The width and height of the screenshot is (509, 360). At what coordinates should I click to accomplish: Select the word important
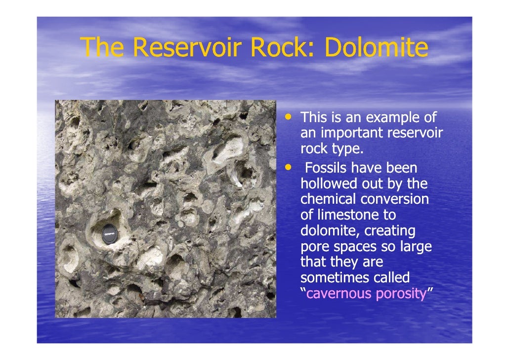click(351, 134)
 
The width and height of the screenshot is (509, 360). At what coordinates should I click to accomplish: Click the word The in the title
click(103, 48)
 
